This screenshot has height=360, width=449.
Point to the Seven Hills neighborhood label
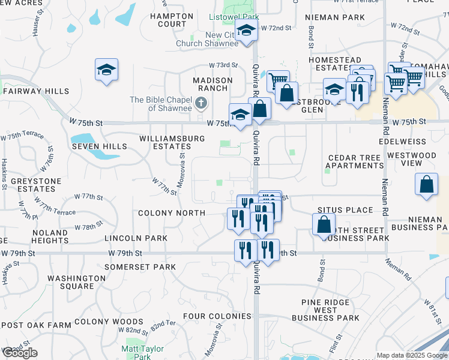click(x=99, y=146)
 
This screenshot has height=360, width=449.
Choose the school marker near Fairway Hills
click(x=106, y=70)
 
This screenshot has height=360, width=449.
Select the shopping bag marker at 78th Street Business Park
click(x=324, y=225)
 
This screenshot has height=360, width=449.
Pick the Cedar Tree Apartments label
click(x=355, y=161)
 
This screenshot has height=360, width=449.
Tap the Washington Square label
click(x=76, y=282)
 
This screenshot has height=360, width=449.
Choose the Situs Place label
click(x=345, y=210)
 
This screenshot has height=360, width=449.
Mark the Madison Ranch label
click(x=212, y=84)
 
